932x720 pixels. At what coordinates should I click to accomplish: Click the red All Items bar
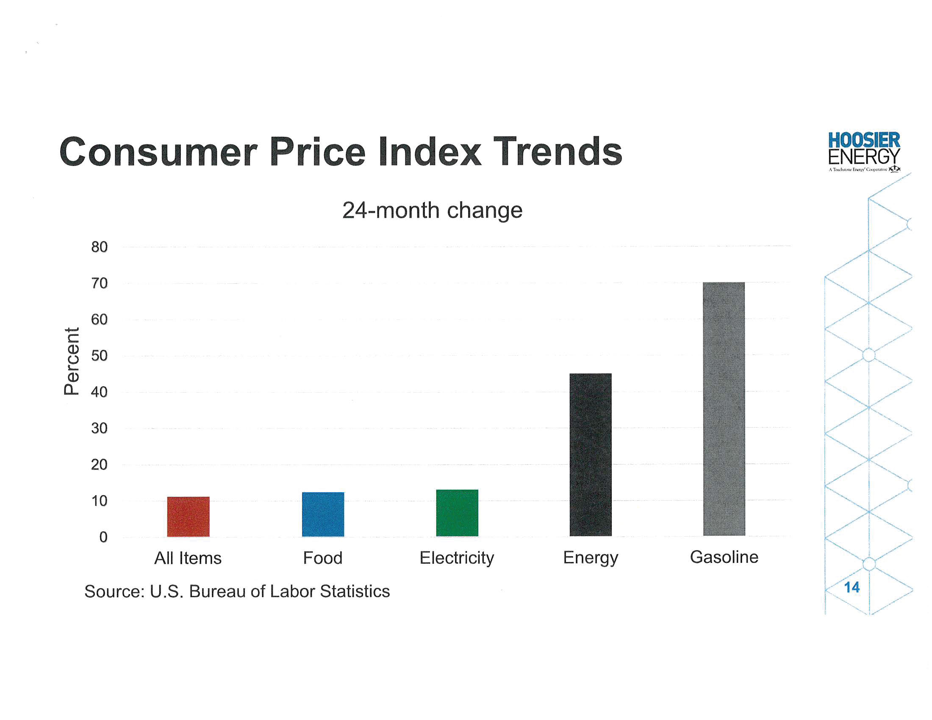point(188,517)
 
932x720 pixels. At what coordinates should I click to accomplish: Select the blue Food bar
point(323,515)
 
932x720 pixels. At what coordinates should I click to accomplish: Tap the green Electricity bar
point(457,513)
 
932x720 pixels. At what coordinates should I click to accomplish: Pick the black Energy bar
point(591,455)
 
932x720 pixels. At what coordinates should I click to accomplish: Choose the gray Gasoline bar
point(724,409)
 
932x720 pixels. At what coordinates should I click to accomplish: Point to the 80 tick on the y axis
point(100,247)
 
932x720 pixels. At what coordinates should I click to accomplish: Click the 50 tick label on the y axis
point(100,356)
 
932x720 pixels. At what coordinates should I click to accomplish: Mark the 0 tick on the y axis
point(103,537)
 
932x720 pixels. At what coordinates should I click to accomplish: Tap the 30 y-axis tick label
point(100,428)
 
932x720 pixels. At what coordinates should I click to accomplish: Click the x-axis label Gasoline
point(724,557)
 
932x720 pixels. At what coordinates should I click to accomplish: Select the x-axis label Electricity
point(457,558)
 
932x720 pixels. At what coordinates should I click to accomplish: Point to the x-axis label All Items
point(188,558)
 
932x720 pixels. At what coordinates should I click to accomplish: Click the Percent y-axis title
point(71,361)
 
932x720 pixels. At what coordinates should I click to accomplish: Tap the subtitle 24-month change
point(432,210)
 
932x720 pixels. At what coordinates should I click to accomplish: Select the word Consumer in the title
point(158,152)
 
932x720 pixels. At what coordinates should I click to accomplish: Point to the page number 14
point(852,587)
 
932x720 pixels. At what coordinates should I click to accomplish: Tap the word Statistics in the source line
point(355,592)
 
